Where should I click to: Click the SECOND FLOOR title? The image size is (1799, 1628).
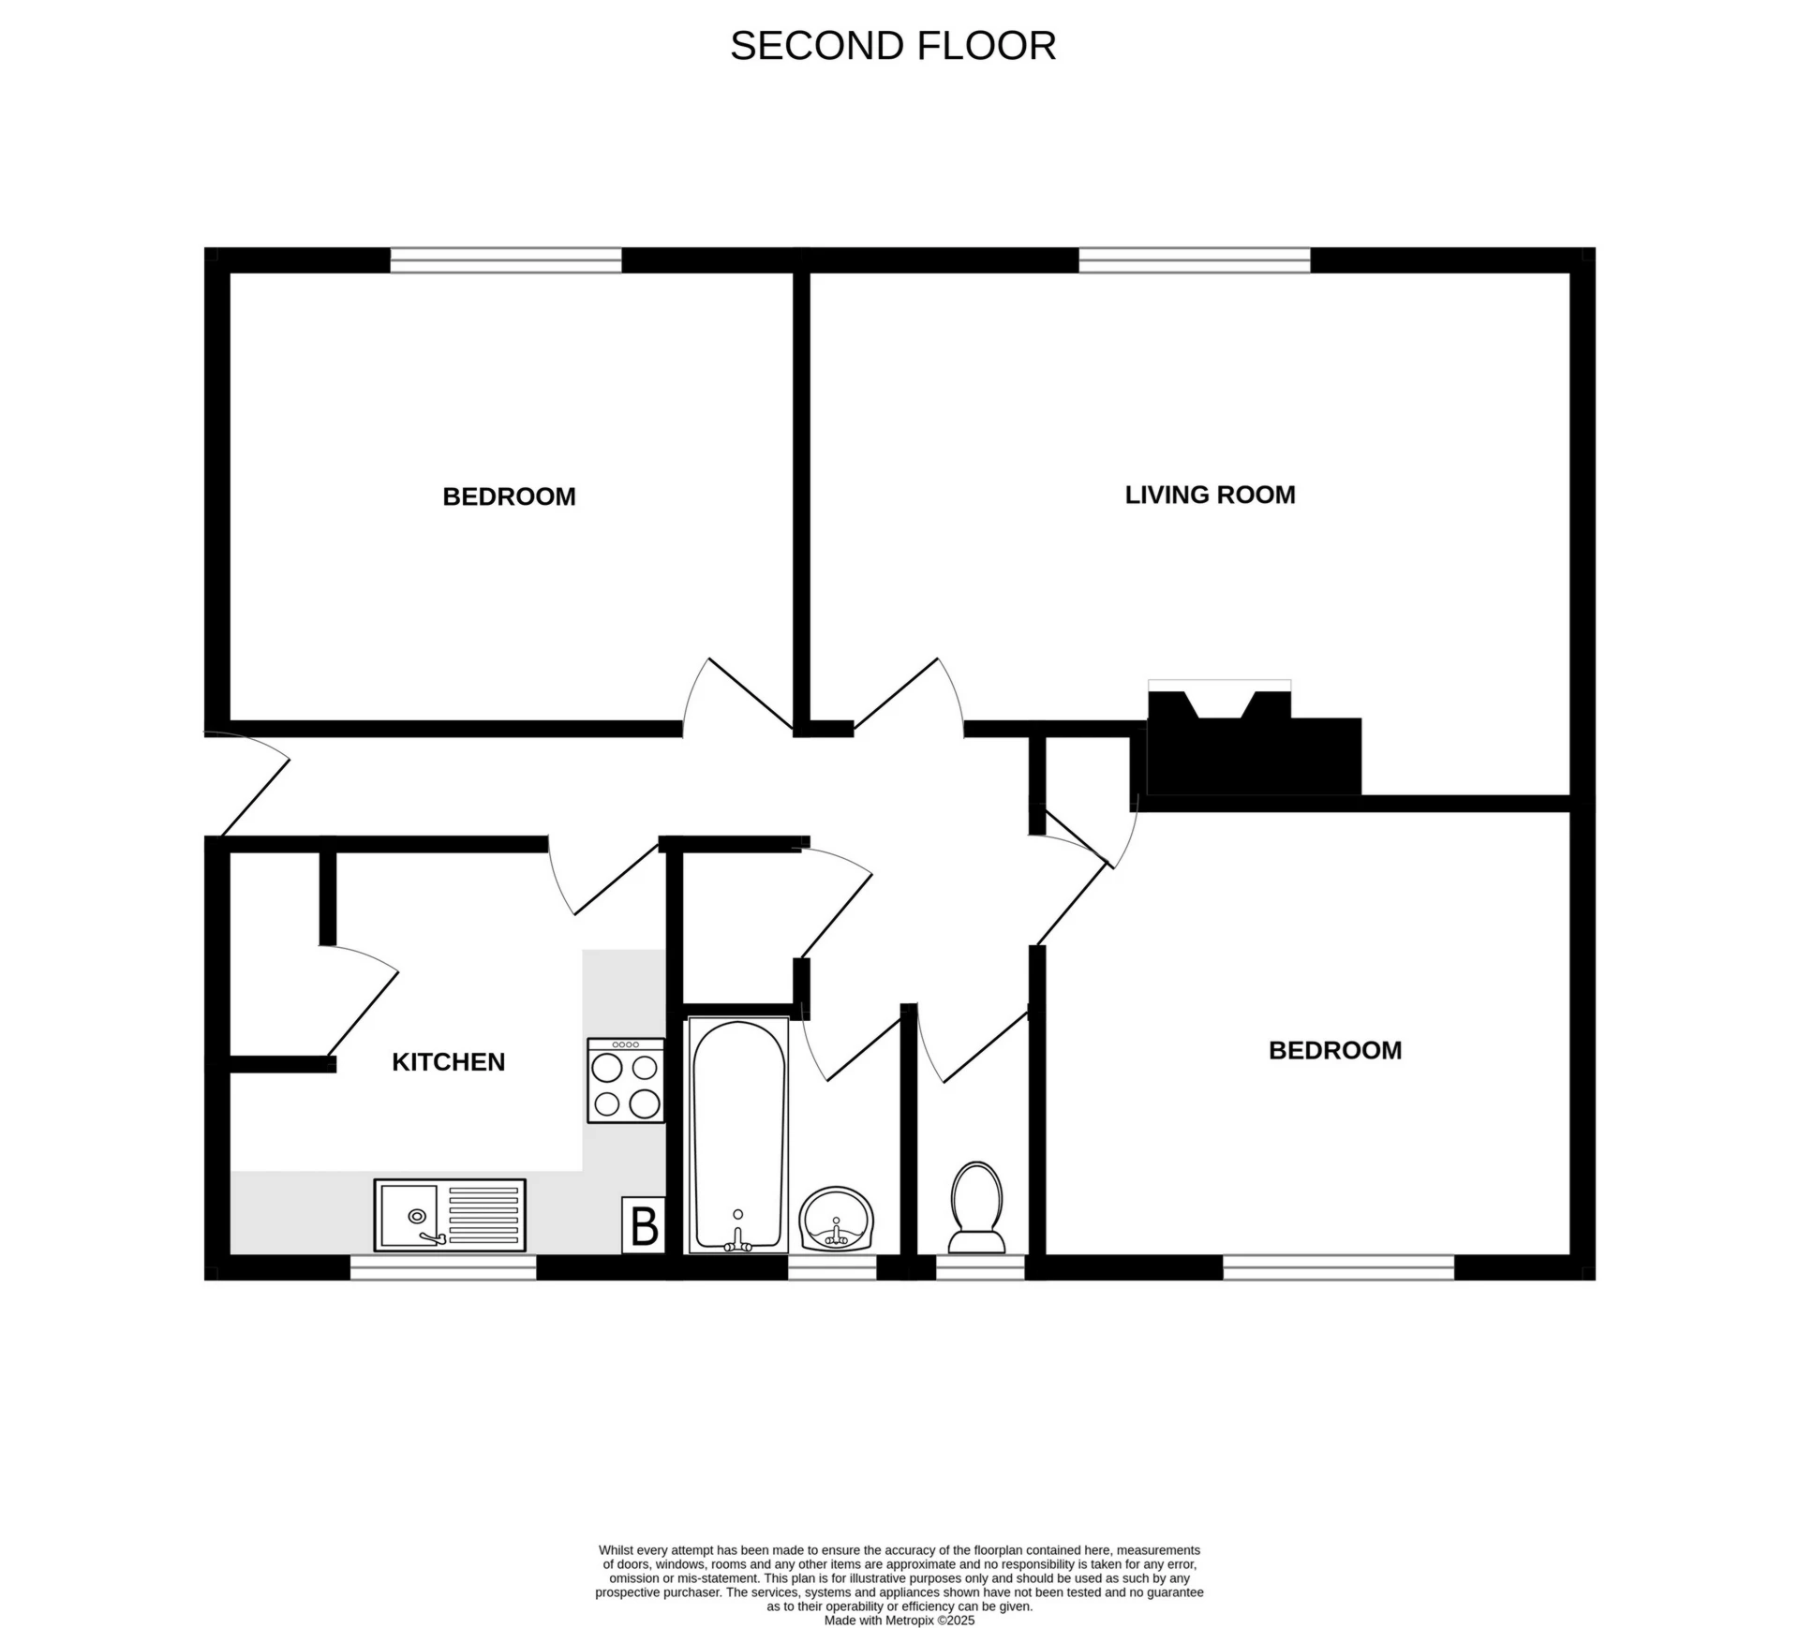[x=892, y=46]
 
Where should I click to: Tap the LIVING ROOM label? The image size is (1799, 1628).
[x=1210, y=495]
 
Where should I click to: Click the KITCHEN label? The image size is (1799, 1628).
[x=448, y=1061]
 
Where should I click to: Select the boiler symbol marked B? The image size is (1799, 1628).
[x=644, y=1225]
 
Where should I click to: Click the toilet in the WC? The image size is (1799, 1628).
[x=976, y=1207]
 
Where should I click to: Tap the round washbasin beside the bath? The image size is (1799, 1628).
[x=836, y=1219]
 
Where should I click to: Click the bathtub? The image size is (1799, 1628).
[x=738, y=1135]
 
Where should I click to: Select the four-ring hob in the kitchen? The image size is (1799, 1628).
[x=625, y=1080]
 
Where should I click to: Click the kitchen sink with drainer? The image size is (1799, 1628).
[x=450, y=1215]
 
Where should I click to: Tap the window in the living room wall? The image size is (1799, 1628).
[x=1194, y=260]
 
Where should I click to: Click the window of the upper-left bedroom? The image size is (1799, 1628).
[x=506, y=260]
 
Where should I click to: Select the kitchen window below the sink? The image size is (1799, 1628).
[x=443, y=1267]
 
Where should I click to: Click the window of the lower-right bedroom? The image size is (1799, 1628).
[x=1338, y=1267]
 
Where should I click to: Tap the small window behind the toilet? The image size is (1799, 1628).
[x=980, y=1267]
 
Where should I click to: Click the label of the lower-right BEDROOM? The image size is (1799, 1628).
[x=1334, y=1050]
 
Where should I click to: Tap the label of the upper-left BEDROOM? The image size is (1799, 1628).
[x=509, y=496]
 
